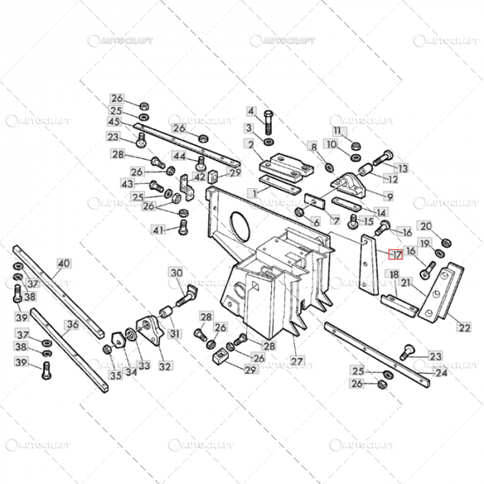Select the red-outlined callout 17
(x=395, y=254)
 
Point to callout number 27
(x=297, y=361)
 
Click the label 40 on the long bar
(x=64, y=263)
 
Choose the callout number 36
(x=72, y=324)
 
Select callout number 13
(x=402, y=168)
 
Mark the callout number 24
(x=440, y=373)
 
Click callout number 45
(x=113, y=122)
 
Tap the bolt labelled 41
(x=183, y=227)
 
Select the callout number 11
(x=337, y=131)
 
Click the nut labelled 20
(x=446, y=241)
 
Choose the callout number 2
(x=248, y=144)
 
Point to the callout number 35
(x=114, y=375)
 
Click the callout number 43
(x=127, y=184)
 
